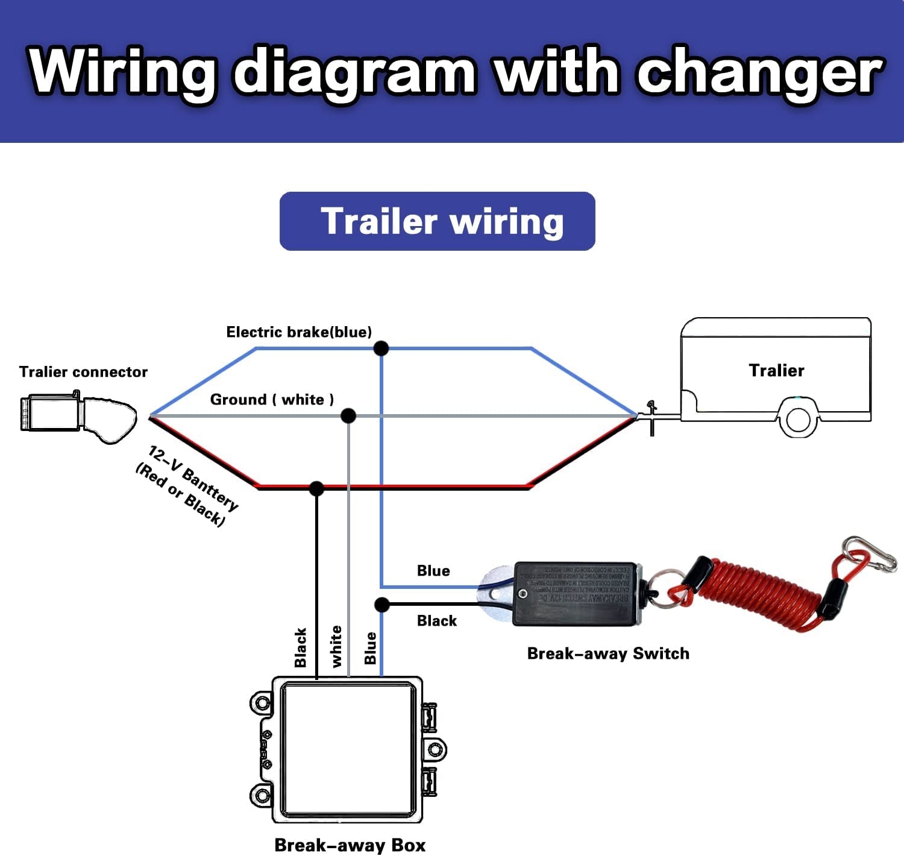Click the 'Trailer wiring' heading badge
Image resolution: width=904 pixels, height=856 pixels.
point(438,221)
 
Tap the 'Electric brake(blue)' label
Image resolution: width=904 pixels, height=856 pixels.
point(299,332)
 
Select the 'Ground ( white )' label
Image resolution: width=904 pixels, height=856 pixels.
point(272,400)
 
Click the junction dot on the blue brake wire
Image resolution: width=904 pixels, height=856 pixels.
point(381,348)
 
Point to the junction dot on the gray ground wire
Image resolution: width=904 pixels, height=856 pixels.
point(348,415)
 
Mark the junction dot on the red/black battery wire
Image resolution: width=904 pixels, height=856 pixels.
point(316,488)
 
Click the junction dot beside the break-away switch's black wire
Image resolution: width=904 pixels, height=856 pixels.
point(381,604)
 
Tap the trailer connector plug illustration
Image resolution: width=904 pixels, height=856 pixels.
point(78,417)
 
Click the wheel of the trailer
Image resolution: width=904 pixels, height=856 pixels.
point(798,419)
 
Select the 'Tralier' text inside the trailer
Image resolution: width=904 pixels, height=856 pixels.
point(776,370)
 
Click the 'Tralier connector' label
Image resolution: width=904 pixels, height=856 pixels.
point(83,372)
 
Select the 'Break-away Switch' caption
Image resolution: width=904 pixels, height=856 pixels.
point(608,653)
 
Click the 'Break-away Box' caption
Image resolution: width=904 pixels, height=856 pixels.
point(350,845)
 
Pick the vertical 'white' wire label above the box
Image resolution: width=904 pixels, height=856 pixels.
point(336,646)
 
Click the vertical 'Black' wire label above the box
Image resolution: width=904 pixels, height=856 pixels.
point(301,647)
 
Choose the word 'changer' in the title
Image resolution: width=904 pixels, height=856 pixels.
point(761,72)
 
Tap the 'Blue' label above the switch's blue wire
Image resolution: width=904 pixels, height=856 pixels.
point(433,571)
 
